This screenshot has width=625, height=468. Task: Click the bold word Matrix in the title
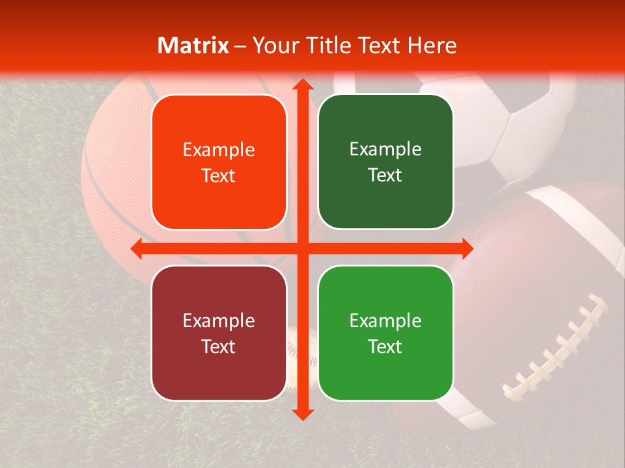[193, 45]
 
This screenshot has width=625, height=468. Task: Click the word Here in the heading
[432, 45]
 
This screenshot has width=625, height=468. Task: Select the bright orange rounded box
[219, 162]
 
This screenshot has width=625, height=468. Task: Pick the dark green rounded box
[385, 162]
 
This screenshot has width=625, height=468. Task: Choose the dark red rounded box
[219, 333]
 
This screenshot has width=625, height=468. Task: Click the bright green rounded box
[385, 333]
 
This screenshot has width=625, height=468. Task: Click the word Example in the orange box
[219, 150]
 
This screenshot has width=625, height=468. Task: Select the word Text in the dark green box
[385, 175]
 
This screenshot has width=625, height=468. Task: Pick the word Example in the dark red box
[219, 320]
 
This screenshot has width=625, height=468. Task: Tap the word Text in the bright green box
[385, 346]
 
